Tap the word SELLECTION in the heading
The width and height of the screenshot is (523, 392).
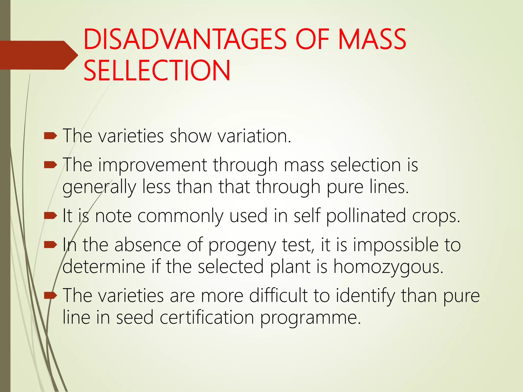(x=157, y=70)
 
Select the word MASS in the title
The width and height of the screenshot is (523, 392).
(x=372, y=40)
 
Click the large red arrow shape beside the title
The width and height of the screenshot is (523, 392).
(x=38, y=55)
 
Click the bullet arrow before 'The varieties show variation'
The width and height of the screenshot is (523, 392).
(x=50, y=136)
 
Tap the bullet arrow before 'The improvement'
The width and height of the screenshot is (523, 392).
(x=50, y=165)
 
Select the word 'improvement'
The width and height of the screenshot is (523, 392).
(x=152, y=165)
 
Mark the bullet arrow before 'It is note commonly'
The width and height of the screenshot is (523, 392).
(x=50, y=216)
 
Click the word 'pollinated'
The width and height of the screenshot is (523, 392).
(x=366, y=216)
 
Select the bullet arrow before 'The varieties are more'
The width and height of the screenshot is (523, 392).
(x=50, y=296)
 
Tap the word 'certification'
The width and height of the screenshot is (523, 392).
(x=207, y=317)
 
